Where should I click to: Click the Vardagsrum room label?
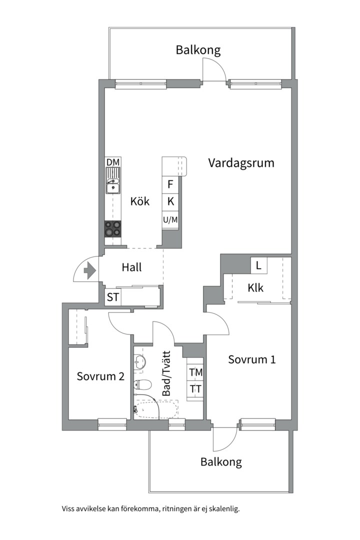click(x=241, y=163)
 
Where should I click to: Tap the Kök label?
click(x=140, y=201)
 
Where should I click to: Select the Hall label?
click(x=131, y=267)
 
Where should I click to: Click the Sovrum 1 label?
click(x=252, y=359)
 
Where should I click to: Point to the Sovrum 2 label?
click(x=100, y=376)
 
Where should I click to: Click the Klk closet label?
click(x=255, y=288)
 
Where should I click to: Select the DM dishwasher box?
click(x=113, y=162)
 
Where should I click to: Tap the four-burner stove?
click(x=113, y=228)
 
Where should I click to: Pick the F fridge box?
click(x=170, y=184)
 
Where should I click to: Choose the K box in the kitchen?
click(x=170, y=201)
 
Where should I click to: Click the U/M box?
click(x=170, y=219)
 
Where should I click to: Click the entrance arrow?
click(x=89, y=270)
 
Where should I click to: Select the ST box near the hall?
click(x=113, y=297)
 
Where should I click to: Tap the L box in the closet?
click(x=258, y=265)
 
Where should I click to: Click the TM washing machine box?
click(x=195, y=372)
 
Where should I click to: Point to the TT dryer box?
click(x=195, y=388)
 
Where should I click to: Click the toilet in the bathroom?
click(x=143, y=384)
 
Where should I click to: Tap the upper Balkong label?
click(x=198, y=50)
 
